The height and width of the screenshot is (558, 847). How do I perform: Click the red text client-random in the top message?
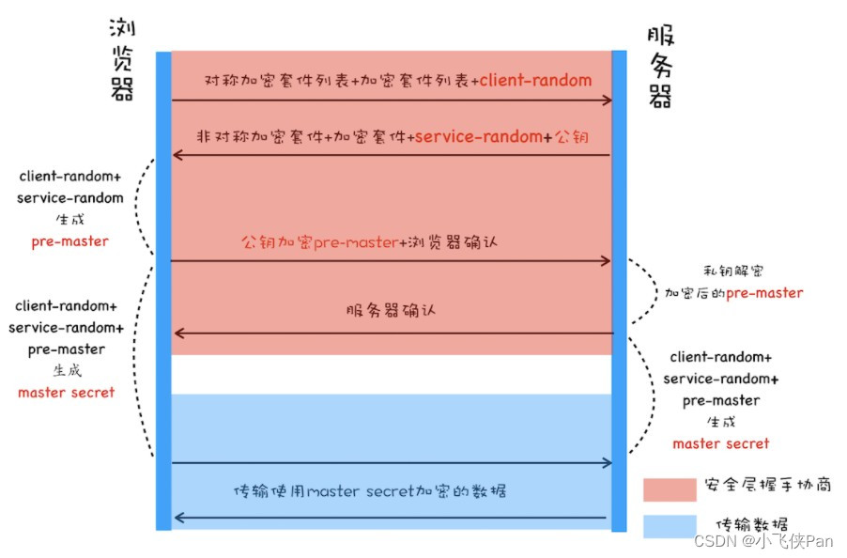click(536, 80)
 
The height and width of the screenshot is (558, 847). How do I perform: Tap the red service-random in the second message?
click(478, 136)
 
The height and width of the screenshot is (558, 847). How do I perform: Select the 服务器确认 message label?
click(392, 310)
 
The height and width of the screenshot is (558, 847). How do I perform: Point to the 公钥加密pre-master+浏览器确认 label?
click(369, 242)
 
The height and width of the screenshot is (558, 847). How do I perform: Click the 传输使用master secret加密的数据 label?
click(371, 490)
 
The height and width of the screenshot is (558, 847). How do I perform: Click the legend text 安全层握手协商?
click(766, 487)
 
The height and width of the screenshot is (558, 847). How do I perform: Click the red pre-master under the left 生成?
click(69, 241)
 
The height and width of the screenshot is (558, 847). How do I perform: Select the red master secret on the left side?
click(67, 392)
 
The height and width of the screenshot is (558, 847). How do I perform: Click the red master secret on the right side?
click(721, 443)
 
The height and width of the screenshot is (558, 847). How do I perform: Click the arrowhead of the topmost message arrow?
click(607, 101)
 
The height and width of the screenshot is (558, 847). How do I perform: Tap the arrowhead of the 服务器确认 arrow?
click(177, 333)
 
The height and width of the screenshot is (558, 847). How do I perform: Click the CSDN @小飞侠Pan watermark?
click(762, 541)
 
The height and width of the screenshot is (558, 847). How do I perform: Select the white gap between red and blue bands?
click(392, 374)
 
